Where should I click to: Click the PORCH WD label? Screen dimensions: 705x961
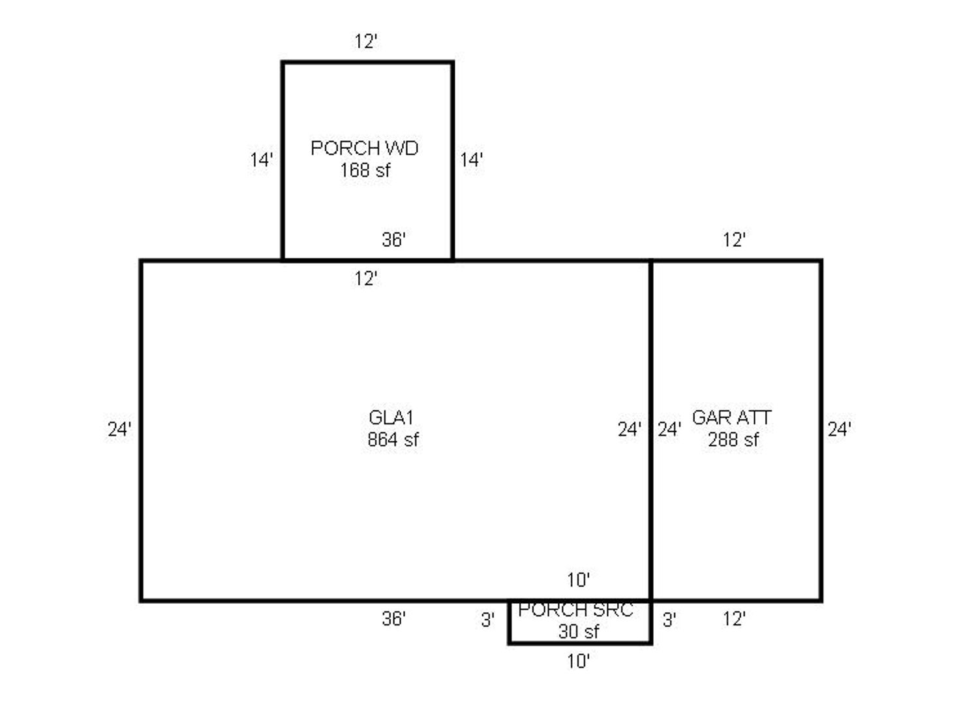pyautogui.click(x=364, y=148)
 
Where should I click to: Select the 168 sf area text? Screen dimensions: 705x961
pyautogui.click(x=365, y=170)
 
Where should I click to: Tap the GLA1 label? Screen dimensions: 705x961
pyautogui.click(x=391, y=417)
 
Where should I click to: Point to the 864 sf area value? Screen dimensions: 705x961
pyautogui.click(x=393, y=439)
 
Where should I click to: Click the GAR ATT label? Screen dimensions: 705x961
pyautogui.click(x=731, y=417)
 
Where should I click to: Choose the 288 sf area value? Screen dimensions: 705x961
pyautogui.click(x=733, y=439)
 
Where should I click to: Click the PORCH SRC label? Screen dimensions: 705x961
pyautogui.click(x=575, y=610)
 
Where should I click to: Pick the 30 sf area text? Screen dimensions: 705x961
pyautogui.click(x=578, y=631)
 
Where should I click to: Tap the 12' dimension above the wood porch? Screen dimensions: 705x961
pyautogui.click(x=366, y=42)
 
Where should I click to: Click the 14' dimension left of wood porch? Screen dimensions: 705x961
pyautogui.click(x=262, y=159)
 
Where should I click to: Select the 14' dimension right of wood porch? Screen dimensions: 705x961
pyautogui.click(x=472, y=159)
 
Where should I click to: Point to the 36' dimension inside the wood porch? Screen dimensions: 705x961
pyautogui.click(x=394, y=240)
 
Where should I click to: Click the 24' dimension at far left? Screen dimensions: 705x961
pyautogui.click(x=119, y=429)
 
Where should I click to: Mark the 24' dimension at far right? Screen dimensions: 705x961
pyautogui.click(x=840, y=429)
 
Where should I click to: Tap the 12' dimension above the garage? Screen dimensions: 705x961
pyautogui.click(x=734, y=240)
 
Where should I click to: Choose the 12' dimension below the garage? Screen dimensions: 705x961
pyautogui.click(x=734, y=618)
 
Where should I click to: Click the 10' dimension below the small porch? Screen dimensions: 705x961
pyautogui.click(x=578, y=661)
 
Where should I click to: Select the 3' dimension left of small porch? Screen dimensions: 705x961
pyautogui.click(x=487, y=619)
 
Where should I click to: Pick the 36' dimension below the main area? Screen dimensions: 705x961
pyautogui.click(x=394, y=618)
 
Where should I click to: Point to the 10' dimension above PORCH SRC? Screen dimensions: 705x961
pyautogui.click(x=578, y=579)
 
